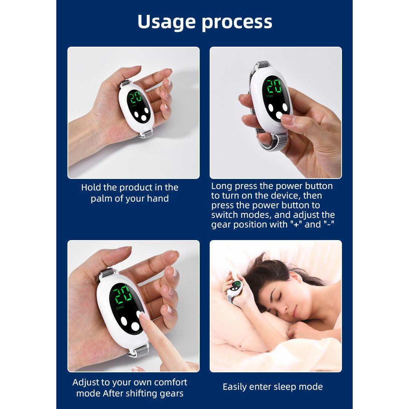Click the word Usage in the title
(166, 22)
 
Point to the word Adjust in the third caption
(86, 383)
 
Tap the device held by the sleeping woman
(233, 288)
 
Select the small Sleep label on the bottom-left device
(120, 308)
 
